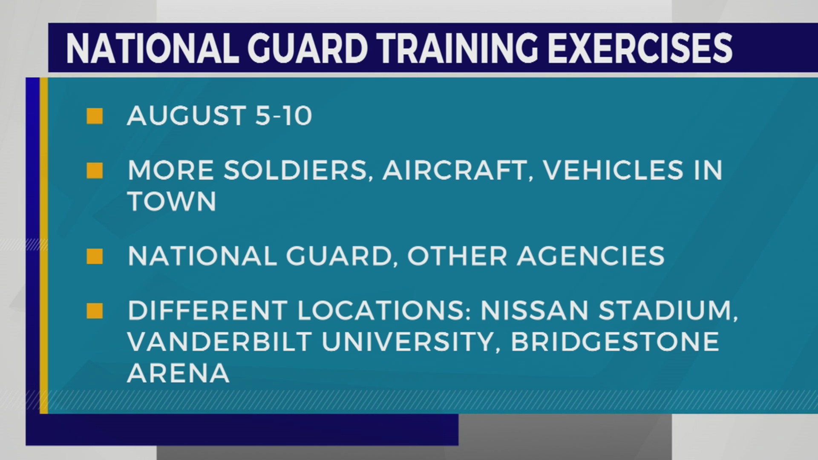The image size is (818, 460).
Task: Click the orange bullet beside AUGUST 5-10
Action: (95, 116)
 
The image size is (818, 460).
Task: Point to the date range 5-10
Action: (283, 116)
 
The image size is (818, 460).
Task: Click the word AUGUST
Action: (187, 116)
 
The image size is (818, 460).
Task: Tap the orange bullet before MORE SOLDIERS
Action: (95, 171)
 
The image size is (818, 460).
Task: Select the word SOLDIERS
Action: (296, 171)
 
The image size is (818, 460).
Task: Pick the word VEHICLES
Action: (613, 171)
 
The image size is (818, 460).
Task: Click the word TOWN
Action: (172, 201)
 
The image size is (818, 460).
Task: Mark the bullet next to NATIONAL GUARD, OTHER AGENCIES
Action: (95, 256)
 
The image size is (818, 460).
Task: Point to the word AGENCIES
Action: (590, 256)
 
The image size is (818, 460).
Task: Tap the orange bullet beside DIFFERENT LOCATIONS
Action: (95, 311)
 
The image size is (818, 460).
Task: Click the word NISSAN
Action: (535, 311)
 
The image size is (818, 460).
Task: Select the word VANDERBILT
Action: (220, 342)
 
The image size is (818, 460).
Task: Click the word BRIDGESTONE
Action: (615, 342)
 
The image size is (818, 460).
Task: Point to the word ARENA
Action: (178, 374)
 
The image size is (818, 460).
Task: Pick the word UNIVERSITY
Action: (407, 342)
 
